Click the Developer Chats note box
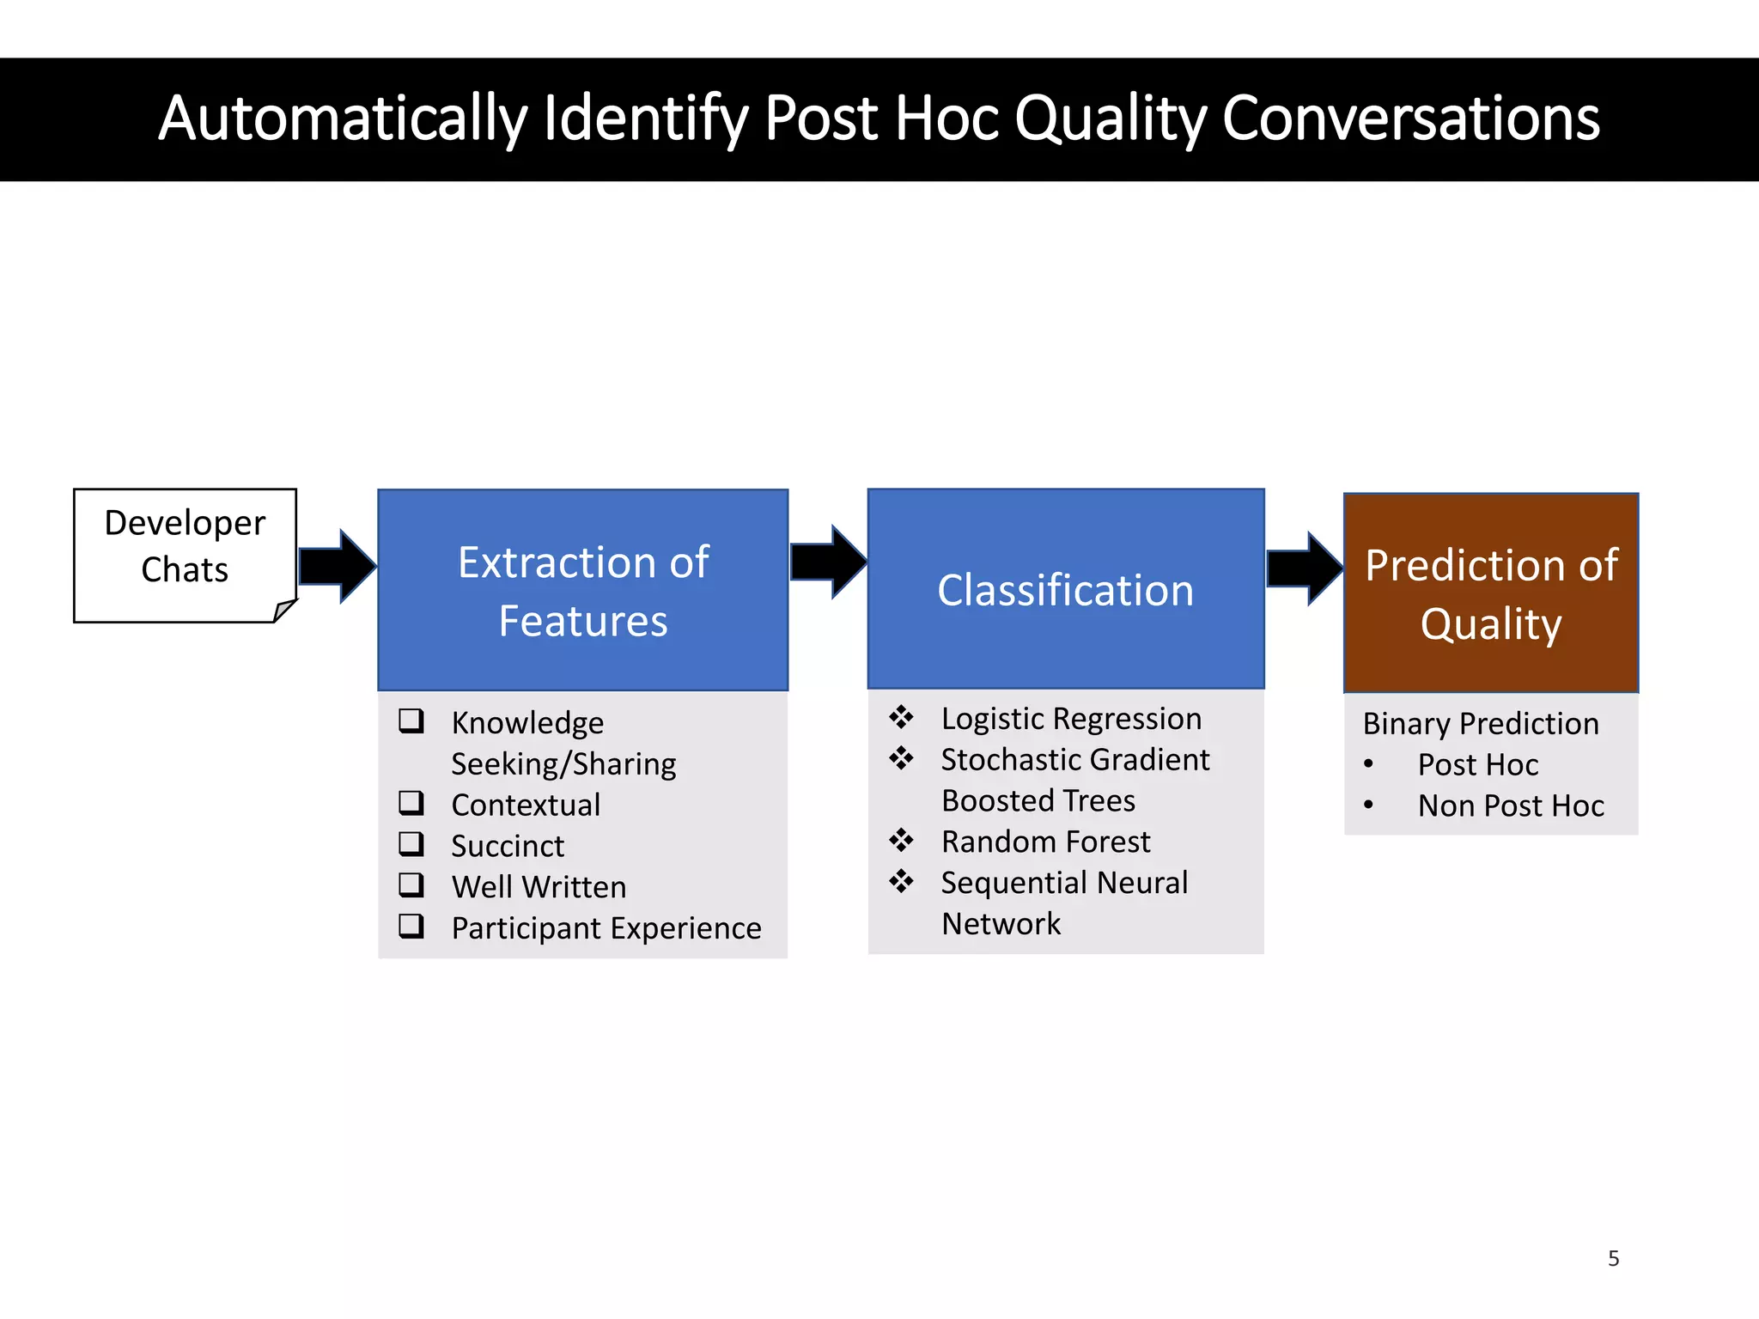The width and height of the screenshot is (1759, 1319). (x=185, y=554)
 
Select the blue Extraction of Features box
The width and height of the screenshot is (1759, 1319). (x=582, y=590)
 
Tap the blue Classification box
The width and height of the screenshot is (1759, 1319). (x=1065, y=589)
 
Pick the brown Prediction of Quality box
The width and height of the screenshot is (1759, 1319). (x=1490, y=593)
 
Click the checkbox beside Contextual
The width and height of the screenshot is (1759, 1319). (x=411, y=803)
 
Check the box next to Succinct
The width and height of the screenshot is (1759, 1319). (x=411, y=844)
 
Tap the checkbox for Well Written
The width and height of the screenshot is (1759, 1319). (x=411, y=884)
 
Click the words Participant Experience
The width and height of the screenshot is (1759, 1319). (x=606, y=928)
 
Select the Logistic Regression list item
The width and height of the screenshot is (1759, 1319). (x=1070, y=719)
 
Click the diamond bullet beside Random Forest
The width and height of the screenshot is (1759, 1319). (x=901, y=840)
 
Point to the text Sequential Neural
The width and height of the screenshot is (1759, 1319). (x=1064, y=883)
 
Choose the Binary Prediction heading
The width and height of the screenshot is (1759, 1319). (x=1481, y=724)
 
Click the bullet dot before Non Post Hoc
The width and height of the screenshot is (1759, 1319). (x=1368, y=805)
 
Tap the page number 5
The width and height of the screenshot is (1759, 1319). (x=1613, y=1259)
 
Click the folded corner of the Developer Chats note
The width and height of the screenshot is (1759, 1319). (x=285, y=611)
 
